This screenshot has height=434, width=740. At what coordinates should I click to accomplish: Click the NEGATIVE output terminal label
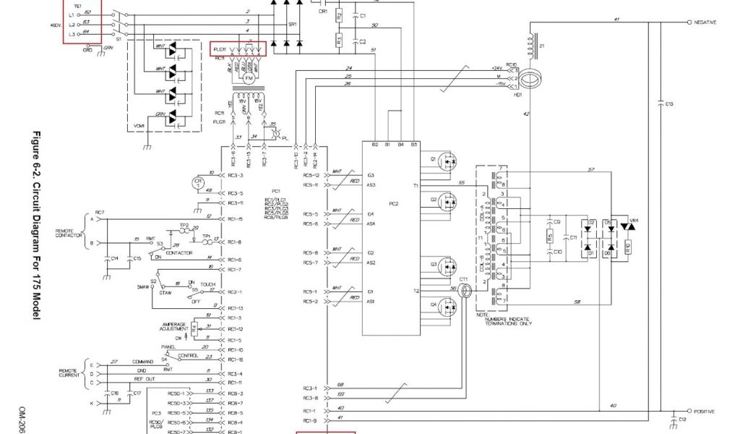(x=705, y=22)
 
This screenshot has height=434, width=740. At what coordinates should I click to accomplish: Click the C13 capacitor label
(x=670, y=104)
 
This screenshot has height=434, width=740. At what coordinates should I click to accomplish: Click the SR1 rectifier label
(x=292, y=24)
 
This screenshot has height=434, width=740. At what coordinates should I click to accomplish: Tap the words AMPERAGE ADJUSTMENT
(x=174, y=326)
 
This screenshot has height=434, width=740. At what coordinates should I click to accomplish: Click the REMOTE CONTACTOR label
(x=69, y=233)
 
